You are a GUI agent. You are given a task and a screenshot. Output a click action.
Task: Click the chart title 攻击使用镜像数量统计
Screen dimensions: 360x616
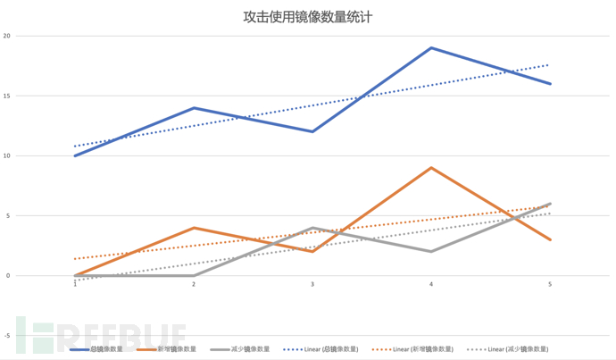[307, 16]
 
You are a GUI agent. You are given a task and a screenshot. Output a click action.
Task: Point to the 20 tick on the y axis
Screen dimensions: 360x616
[6, 37]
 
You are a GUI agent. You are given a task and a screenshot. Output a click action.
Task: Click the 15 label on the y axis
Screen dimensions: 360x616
[6, 96]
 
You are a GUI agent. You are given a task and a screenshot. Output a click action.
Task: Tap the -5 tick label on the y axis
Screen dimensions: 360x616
[6, 335]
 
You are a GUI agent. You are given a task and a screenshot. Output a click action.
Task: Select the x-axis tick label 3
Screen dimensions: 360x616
[312, 284]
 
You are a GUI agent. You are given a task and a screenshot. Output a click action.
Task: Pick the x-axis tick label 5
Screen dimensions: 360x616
[550, 284]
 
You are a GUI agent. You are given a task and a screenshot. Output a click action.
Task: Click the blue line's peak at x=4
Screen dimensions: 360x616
[431, 48]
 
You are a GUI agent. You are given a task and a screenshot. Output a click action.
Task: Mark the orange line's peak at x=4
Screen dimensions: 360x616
[431, 168]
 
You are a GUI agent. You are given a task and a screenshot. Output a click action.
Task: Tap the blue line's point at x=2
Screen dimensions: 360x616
[194, 108]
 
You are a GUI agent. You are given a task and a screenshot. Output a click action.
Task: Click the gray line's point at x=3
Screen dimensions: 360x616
[312, 228]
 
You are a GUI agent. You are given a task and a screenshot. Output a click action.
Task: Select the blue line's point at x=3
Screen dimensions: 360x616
[312, 131]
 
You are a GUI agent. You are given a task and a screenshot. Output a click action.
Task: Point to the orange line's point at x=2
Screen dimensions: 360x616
[194, 228]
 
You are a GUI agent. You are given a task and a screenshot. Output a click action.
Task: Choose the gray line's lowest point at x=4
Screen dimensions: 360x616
[431, 251]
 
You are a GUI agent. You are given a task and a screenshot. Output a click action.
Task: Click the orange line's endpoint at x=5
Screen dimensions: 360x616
[550, 239]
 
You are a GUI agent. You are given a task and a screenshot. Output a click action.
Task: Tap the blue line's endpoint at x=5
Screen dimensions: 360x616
[550, 84]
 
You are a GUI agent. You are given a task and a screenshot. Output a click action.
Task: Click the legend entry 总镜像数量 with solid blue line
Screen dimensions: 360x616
[106, 349]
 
